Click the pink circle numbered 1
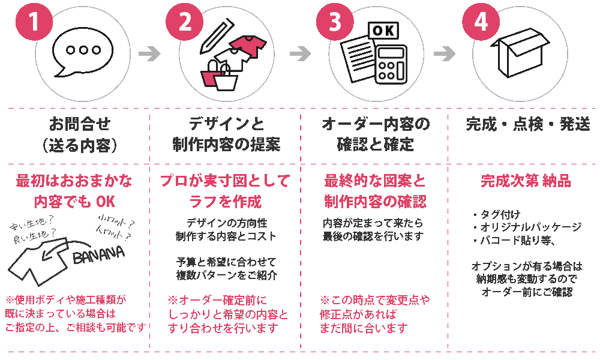[x=34, y=22]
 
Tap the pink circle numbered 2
[x=184, y=22]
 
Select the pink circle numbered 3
[x=335, y=22]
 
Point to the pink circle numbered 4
[x=481, y=22]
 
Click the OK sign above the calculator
[x=383, y=31]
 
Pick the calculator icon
[x=391, y=64]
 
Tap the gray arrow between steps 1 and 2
[x=149, y=53]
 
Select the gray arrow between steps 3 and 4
[x=444, y=53]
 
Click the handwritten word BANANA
[x=99, y=254]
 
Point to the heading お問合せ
[x=80, y=124]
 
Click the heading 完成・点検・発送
[x=528, y=124]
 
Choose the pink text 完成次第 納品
[x=526, y=181]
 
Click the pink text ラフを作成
[x=226, y=201]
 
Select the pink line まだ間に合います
[x=364, y=328]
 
